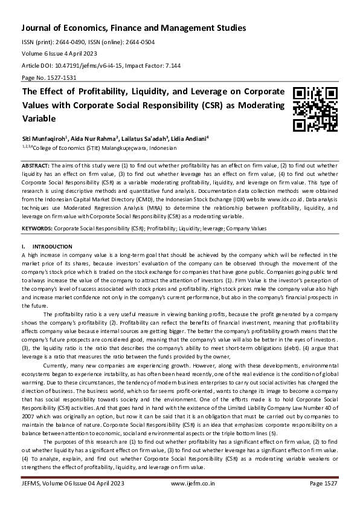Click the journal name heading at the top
click(x=133, y=28)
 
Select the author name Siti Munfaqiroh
click(x=44, y=138)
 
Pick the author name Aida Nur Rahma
click(x=94, y=138)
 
